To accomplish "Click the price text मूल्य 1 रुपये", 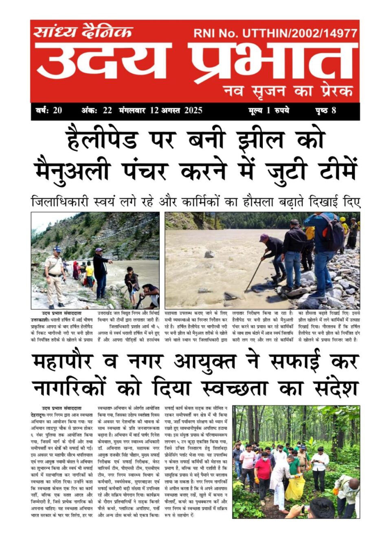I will coord(268,110).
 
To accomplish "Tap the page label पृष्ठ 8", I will coord(325,110).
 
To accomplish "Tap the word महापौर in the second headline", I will coord(63,361).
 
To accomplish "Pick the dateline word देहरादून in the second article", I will coord(40,414).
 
